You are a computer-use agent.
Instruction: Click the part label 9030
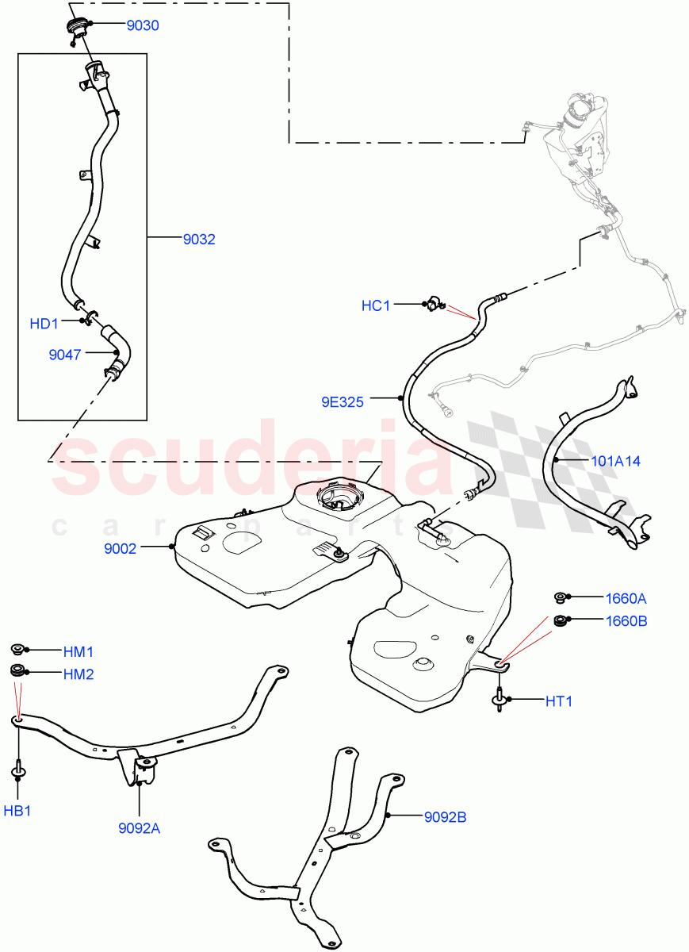[143, 25]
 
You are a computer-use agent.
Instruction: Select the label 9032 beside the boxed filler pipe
[199, 239]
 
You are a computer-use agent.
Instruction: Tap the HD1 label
[44, 324]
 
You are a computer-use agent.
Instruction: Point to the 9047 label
[65, 355]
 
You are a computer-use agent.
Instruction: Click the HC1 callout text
[376, 305]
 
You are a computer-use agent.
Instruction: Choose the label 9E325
[343, 402]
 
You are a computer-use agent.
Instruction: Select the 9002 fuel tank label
[121, 547]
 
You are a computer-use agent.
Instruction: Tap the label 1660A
[626, 598]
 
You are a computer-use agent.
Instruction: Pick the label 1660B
[626, 621]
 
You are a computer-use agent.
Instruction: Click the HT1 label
[558, 701]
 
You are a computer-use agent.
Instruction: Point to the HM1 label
[78, 651]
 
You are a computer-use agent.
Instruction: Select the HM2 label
[78, 674]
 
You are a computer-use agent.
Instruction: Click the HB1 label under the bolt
[17, 811]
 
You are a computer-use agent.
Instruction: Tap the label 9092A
[139, 829]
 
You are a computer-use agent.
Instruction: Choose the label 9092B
[445, 816]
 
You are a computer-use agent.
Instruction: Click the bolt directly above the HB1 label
[17, 770]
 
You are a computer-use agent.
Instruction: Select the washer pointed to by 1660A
[559, 597]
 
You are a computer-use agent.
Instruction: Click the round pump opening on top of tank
[339, 497]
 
